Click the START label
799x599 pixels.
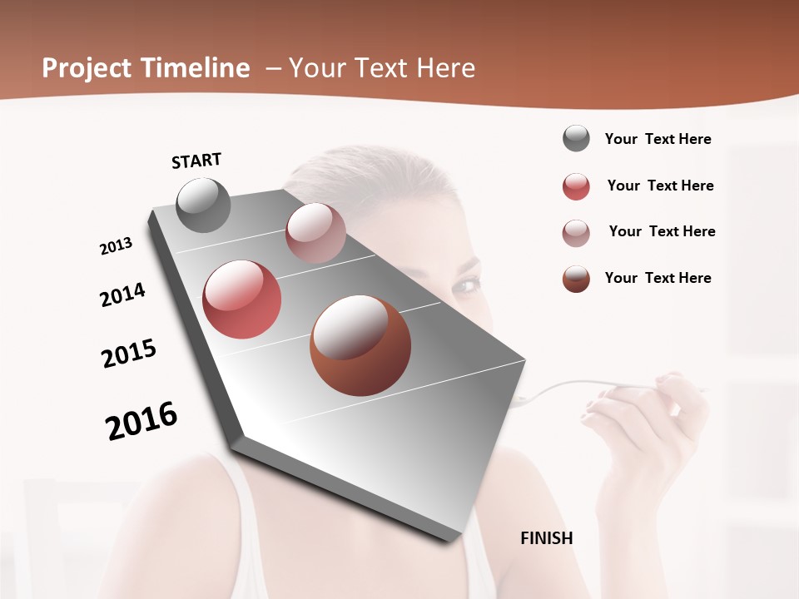coord(196,161)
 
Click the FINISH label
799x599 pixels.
coord(546,538)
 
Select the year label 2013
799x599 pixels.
coord(117,246)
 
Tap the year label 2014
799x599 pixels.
coord(122,295)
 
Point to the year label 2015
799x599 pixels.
coord(129,354)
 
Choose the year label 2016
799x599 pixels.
coord(141,420)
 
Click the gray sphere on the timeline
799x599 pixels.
coord(203,205)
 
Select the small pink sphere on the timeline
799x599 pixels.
coord(315,233)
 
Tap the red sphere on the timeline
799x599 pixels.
coord(241,299)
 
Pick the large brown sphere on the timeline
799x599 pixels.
coord(360,344)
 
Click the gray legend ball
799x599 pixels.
coord(576,139)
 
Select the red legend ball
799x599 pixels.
coord(576,186)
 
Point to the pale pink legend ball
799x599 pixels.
coord(576,232)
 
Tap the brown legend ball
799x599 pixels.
coord(576,279)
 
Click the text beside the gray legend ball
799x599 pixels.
coord(658,139)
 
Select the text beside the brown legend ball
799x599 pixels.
coord(658,278)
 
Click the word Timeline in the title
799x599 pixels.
coord(196,68)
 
